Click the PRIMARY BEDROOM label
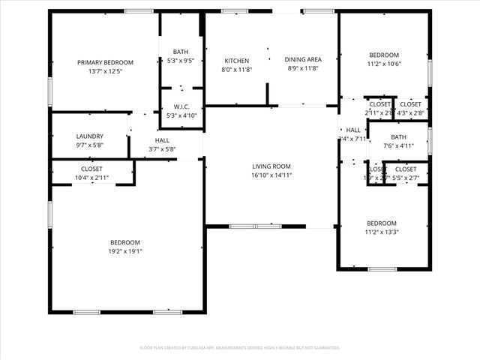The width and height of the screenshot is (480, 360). pos(105,62)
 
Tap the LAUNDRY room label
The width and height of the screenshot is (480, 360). pos(90,136)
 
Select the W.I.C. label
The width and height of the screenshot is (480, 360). pos(181,106)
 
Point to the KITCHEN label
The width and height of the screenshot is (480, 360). pos(237,60)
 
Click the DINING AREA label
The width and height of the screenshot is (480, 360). pos(303,59)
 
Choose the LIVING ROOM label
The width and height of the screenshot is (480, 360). pos(271,166)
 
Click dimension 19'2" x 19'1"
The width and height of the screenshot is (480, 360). pos(125,251)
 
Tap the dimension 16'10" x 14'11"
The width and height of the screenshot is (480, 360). pos(271,175)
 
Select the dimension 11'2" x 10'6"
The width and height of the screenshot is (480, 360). pos(383,64)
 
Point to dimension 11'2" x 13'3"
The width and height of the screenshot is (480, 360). pos(382,232)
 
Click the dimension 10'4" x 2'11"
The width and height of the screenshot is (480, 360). pos(92,178)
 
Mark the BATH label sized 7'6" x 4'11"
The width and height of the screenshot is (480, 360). pos(398,137)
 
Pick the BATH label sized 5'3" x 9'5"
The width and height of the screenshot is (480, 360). pos(181,52)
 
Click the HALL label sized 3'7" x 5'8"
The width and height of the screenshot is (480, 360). pos(162,140)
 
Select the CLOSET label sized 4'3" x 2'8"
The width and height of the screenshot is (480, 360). pos(410,104)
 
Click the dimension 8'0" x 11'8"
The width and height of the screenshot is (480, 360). pos(237,69)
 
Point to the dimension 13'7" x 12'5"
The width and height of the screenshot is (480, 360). pos(105,71)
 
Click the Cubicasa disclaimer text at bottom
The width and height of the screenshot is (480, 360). pos(240,348)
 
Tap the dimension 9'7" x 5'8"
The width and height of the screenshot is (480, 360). pos(90,145)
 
